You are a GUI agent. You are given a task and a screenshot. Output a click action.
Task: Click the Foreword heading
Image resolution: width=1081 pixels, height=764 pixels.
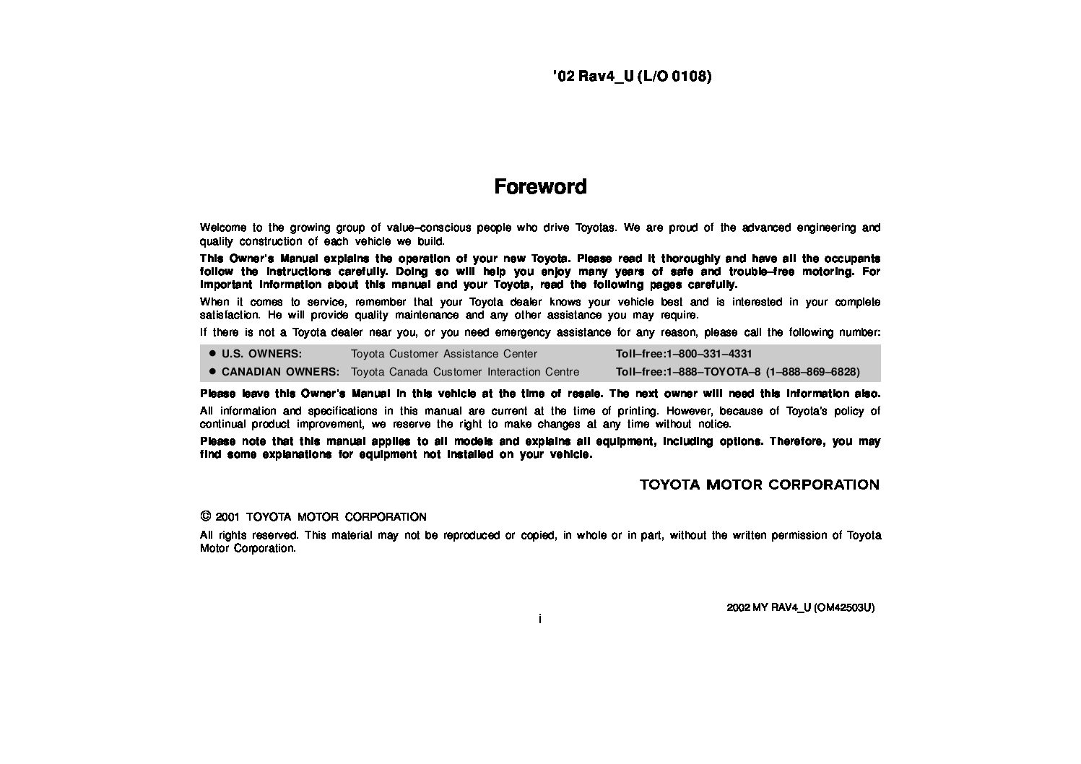(540, 186)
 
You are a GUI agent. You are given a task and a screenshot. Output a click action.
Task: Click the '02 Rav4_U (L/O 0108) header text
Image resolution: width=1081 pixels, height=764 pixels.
(632, 76)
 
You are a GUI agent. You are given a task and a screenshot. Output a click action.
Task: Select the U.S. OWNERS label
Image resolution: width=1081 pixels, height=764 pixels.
(261, 354)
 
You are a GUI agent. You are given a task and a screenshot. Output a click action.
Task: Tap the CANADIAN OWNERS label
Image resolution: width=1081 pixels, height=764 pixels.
(280, 372)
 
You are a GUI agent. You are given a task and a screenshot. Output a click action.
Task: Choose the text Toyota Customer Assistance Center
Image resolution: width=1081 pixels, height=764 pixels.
(443, 354)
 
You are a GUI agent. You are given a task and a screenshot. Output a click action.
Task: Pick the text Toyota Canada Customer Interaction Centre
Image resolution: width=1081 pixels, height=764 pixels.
(464, 372)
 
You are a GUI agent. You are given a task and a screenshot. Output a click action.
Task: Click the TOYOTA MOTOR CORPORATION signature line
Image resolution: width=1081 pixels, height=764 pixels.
(760, 485)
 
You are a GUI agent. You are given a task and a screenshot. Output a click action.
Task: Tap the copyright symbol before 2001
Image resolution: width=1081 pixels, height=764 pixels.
(205, 516)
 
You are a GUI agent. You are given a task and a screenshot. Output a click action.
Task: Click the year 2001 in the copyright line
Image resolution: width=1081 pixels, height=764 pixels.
(227, 517)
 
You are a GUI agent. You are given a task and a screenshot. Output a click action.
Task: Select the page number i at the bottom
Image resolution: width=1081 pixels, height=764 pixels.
(540, 619)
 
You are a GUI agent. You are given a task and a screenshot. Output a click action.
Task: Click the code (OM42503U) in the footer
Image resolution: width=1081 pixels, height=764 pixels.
(843, 607)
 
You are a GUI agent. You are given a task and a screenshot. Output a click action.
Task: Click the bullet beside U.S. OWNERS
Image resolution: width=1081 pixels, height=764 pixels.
(212, 354)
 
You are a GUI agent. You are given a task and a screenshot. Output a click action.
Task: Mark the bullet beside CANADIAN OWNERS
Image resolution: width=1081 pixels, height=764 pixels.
(212, 372)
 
